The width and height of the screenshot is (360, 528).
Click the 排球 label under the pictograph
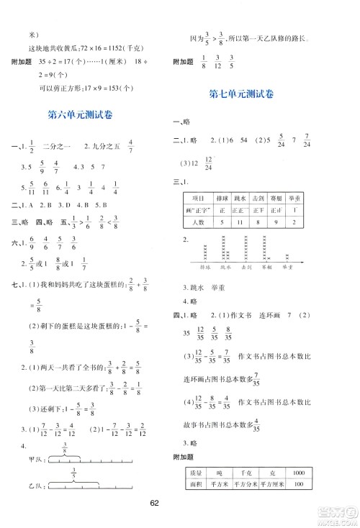(x=207, y=266)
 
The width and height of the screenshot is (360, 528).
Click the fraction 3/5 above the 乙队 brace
(x=72, y=479)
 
